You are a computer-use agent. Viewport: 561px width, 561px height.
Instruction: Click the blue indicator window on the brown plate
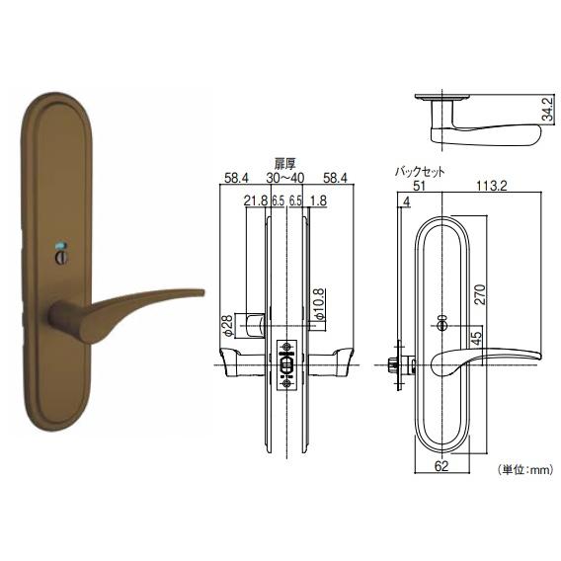tap(60, 245)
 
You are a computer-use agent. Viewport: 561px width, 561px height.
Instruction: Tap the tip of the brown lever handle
tap(203, 292)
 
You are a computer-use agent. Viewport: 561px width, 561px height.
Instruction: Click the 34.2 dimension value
tap(548, 109)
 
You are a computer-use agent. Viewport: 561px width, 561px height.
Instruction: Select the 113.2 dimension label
tap(491, 186)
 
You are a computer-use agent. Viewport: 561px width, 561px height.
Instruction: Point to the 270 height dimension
tap(481, 294)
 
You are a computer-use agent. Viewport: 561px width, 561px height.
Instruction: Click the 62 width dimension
tap(441, 466)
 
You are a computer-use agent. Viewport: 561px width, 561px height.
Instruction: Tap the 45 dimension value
tap(477, 338)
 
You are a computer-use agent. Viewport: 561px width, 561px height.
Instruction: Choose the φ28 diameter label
tap(228, 325)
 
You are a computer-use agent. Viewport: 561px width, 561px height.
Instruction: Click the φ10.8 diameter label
tap(319, 304)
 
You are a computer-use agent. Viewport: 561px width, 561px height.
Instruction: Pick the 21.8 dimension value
tap(256, 200)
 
